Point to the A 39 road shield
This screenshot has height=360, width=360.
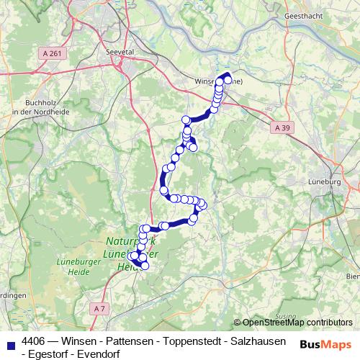click(283, 127)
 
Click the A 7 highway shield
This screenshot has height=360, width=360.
click(99, 307)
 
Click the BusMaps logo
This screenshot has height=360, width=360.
click(325, 345)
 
